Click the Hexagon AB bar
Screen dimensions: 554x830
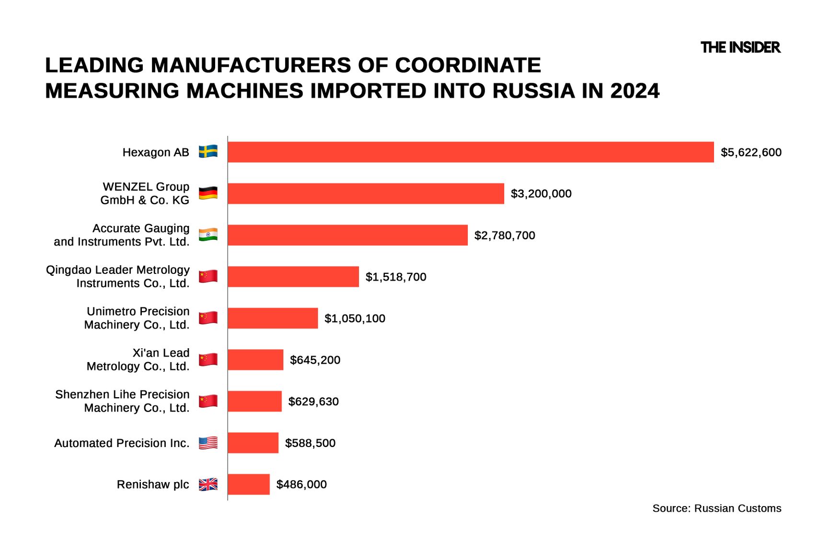pos(471,152)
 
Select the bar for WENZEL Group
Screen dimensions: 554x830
pos(366,194)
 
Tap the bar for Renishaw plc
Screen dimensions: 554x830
pos(248,484)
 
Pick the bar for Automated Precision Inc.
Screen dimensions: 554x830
pos(253,443)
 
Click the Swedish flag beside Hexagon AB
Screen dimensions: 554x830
pos(208,152)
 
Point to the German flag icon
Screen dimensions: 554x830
pos(208,193)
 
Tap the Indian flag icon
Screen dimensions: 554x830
pos(208,235)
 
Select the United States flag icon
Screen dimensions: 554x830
pos(208,443)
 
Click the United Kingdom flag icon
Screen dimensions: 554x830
pos(208,484)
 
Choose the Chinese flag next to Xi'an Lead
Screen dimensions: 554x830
pos(208,359)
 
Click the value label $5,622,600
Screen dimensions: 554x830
pos(751,153)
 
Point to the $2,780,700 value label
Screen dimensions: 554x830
pos(505,236)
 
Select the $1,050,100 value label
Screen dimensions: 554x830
pos(355,318)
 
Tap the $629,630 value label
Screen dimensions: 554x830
pos(313,401)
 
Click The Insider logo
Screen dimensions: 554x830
pos(740,47)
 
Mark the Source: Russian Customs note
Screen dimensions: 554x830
pos(716,508)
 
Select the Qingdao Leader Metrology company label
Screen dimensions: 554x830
pos(118,277)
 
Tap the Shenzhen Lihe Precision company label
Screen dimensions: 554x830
pos(122,401)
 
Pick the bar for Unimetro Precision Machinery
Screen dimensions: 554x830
pos(272,318)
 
